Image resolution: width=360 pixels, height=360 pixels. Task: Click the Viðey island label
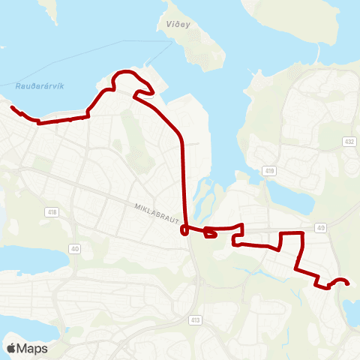(171, 24)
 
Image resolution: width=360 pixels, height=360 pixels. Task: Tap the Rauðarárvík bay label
(40, 86)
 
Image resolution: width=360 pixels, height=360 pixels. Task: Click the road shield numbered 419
(270, 172)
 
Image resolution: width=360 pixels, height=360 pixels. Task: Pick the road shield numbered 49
(321, 226)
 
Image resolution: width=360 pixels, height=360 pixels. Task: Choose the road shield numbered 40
(74, 248)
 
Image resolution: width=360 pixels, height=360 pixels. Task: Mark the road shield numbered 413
(196, 319)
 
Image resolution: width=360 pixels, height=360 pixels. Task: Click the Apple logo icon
(11, 348)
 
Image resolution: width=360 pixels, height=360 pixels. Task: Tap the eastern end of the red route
(349, 283)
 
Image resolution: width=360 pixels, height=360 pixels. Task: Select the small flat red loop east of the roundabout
(211, 235)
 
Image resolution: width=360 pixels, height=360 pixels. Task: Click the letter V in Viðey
(160, 24)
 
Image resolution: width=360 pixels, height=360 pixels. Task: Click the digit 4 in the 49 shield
(319, 226)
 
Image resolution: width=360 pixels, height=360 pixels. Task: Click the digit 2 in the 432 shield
(352, 141)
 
